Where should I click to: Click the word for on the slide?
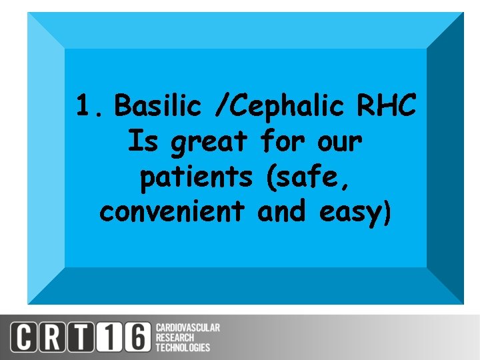[282, 141]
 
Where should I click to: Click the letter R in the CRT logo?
[55, 337]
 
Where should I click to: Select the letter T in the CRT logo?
[83, 337]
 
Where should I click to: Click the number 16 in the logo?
[124, 337]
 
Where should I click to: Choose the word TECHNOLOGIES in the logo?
[183, 347]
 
